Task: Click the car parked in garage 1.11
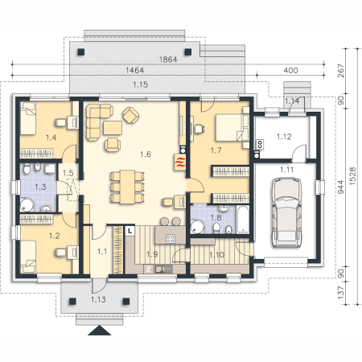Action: click(286, 212)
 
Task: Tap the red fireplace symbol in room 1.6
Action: click(179, 162)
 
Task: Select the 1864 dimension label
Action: click(168, 60)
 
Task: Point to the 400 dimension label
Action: click(290, 71)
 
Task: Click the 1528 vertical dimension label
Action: click(352, 176)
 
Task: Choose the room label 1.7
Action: click(216, 150)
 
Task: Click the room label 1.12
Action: click(284, 137)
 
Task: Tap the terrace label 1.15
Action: click(140, 84)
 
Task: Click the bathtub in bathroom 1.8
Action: click(243, 219)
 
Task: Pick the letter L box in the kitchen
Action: click(130, 231)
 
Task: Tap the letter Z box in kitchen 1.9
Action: click(149, 269)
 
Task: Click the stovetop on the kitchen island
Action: click(171, 238)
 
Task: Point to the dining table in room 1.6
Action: click(127, 187)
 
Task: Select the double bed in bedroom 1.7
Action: click(232, 128)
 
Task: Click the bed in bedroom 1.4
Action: click(28, 118)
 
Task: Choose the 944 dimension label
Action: click(340, 187)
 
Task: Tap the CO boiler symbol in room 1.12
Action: click(260, 145)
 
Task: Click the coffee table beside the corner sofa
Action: click(113, 128)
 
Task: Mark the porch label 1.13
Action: click(98, 299)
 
